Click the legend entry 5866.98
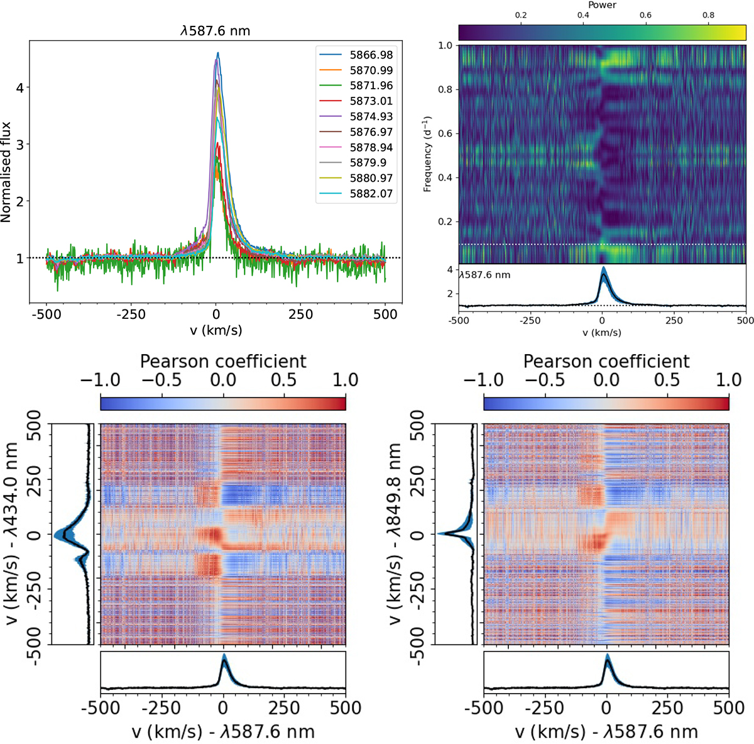(x=371, y=55)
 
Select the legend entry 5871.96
(x=371, y=86)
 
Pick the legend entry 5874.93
(x=371, y=116)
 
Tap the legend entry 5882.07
(x=371, y=194)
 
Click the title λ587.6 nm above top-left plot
(x=215, y=31)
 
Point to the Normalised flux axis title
(x=7, y=172)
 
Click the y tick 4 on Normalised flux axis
(x=20, y=87)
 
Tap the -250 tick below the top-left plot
(x=131, y=314)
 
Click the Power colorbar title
(x=602, y=5)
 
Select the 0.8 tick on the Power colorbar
(x=708, y=16)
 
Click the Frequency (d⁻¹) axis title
(x=427, y=153)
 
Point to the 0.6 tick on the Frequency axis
(x=445, y=133)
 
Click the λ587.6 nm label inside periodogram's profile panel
(x=484, y=274)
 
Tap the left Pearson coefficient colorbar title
(x=223, y=362)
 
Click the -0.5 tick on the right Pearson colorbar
(x=545, y=380)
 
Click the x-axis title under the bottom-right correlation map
(x=606, y=731)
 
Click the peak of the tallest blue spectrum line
(x=218, y=53)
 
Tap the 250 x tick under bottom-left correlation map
(x=284, y=708)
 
